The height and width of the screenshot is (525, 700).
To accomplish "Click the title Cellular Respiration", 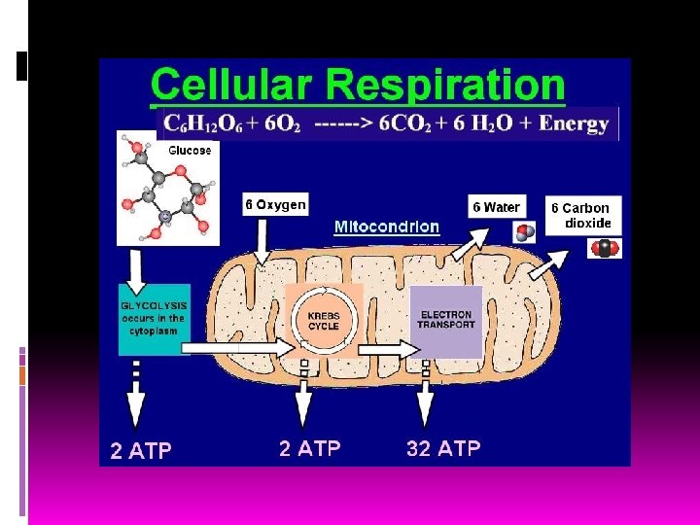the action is click(x=358, y=85).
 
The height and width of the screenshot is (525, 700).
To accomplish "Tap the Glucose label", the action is click(x=189, y=151).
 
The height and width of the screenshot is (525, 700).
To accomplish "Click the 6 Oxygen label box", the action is click(x=275, y=204).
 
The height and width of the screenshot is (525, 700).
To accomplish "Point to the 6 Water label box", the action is click(x=496, y=207).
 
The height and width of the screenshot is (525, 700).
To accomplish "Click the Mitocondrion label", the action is click(x=386, y=227).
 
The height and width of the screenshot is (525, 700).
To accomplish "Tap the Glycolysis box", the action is click(x=153, y=318).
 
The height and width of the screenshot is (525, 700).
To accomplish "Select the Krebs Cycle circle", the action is click(x=325, y=321).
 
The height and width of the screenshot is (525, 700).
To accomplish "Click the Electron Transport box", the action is click(x=446, y=320).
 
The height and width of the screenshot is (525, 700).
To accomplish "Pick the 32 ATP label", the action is click(x=443, y=448).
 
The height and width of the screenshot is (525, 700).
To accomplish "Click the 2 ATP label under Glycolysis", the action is click(x=141, y=450).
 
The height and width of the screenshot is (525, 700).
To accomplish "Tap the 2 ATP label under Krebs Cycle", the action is click(x=309, y=448).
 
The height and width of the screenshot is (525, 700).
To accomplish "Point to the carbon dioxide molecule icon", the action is click(x=605, y=248).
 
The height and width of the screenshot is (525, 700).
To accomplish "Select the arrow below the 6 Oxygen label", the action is click(x=262, y=238).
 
